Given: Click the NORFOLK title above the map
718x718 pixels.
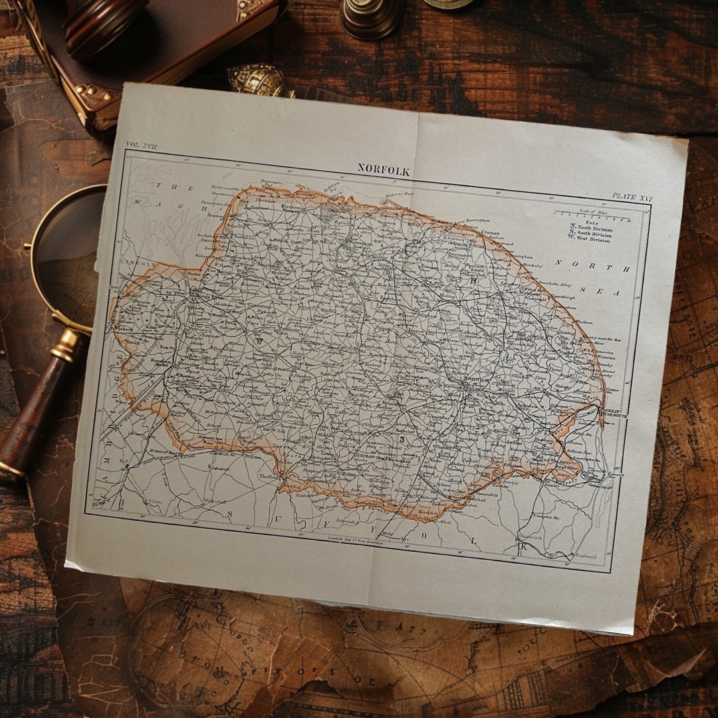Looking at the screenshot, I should click(384, 170).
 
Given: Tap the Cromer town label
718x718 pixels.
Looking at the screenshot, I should click(490, 233).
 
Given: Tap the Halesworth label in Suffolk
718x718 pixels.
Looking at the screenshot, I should click(531, 536).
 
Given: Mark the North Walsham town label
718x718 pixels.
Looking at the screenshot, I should click(519, 293).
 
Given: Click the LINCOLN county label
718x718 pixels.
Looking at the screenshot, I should click(138, 263).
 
